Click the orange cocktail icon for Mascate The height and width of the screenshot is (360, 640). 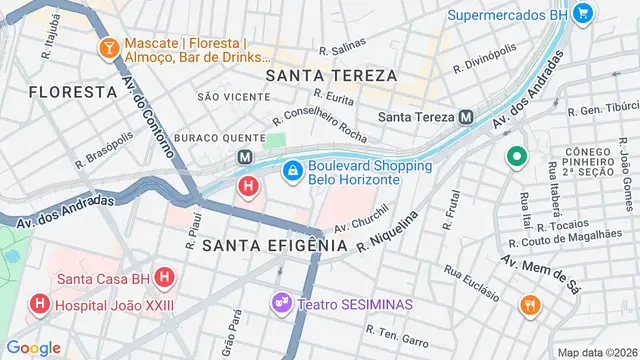tap(107, 47)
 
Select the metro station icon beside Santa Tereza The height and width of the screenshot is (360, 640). tap(466, 116)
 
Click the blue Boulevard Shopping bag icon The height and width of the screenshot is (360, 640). tap(291, 172)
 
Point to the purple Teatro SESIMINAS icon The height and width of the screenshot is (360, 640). tap(281, 301)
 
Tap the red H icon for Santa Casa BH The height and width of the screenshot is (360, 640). tap(165, 278)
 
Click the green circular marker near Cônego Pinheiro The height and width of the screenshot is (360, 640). tap(516, 157)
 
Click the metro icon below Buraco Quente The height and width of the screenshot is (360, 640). tap(244, 157)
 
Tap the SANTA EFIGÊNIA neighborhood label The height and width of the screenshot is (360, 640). tap(274, 244)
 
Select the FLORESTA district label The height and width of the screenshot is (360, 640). tap(73, 91)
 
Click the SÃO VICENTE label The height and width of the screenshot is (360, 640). tap(233, 96)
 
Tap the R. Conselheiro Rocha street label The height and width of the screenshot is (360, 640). tap(320, 126)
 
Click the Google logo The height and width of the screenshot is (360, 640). tap(34, 347)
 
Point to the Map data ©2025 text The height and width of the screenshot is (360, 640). tap(596, 352)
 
